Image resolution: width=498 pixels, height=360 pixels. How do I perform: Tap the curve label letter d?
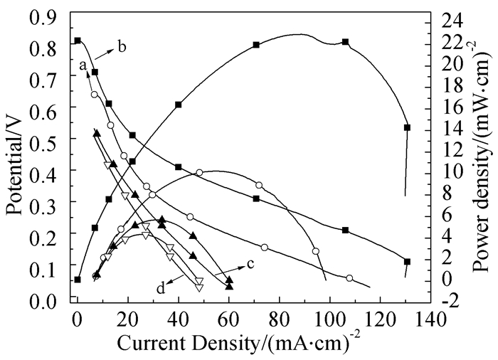point(161,288)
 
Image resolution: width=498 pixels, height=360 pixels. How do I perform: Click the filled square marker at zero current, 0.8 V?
point(78,41)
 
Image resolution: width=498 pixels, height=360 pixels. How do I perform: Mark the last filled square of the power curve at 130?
point(407,127)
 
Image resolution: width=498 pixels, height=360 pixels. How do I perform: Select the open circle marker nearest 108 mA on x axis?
point(349,278)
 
